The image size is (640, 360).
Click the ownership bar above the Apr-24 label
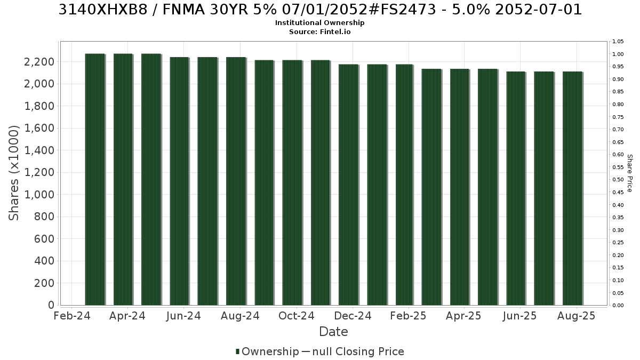pyautogui.click(x=123, y=179)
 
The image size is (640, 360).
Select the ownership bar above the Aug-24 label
pyautogui.click(x=236, y=181)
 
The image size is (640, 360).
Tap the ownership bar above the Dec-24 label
pyautogui.click(x=349, y=185)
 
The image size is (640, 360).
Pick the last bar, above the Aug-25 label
pyautogui.click(x=573, y=188)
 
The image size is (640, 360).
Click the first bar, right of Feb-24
pyautogui.click(x=95, y=179)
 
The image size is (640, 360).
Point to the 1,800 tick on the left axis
pyautogui.click(x=39, y=106)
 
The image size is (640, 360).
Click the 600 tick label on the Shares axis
pyautogui.click(x=44, y=239)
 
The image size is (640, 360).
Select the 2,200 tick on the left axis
pyautogui.click(x=39, y=62)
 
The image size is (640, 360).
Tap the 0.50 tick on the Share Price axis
pyautogui.click(x=618, y=180)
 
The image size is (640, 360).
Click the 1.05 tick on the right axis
pyautogui.click(x=618, y=42)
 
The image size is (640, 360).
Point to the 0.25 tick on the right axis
pyautogui.click(x=618, y=243)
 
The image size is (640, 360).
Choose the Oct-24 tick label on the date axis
pyautogui.click(x=297, y=316)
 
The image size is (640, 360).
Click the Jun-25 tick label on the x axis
pyautogui.click(x=519, y=316)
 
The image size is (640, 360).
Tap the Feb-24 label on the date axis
pyautogui.click(x=72, y=316)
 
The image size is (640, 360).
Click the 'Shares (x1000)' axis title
pyautogui.click(x=13, y=173)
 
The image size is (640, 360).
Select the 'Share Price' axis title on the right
pyautogui.click(x=629, y=173)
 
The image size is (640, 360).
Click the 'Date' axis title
pyautogui.click(x=333, y=332)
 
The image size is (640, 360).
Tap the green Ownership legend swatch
pyautogui.click(x=237, y=351)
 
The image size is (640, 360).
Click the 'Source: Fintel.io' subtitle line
pyautogui.click(x=319, y=31)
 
